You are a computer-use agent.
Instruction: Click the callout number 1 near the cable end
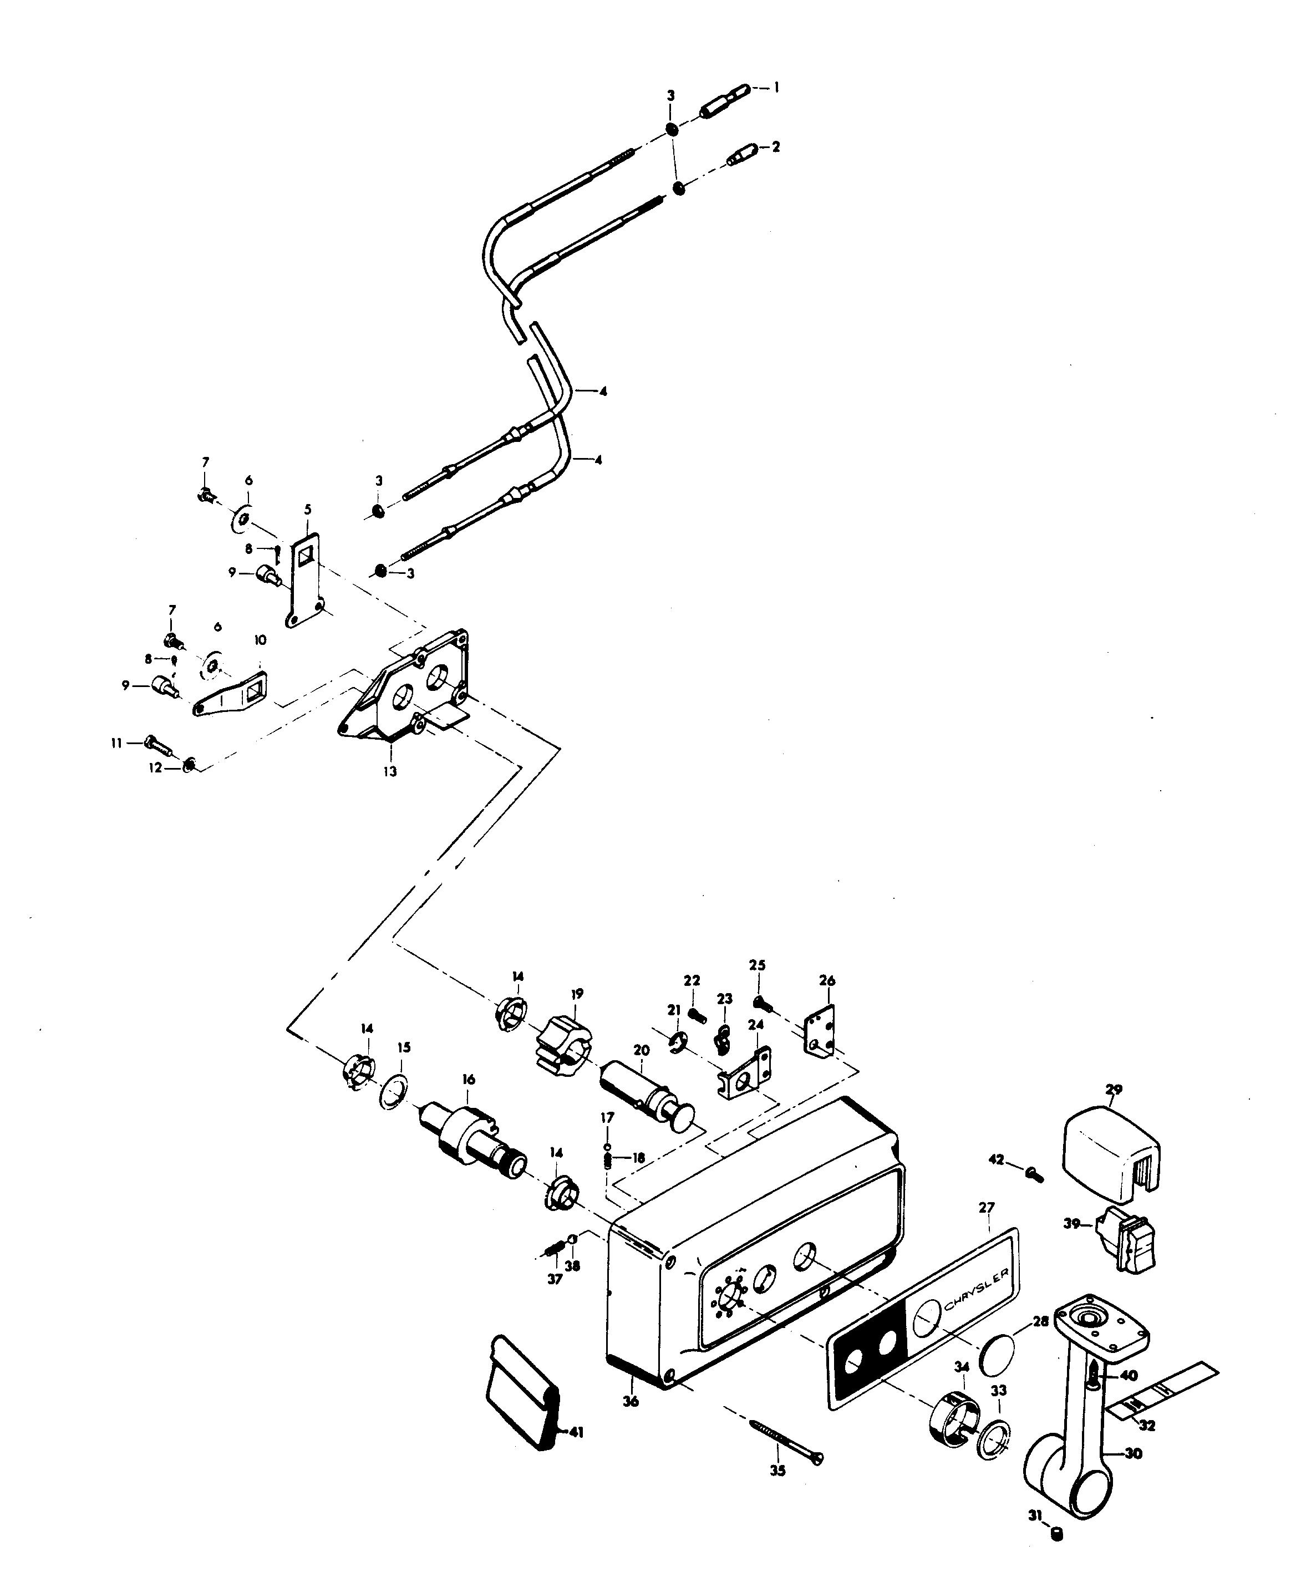776,88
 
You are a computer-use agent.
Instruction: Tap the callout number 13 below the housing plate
390,772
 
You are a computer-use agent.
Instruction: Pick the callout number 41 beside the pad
576,1432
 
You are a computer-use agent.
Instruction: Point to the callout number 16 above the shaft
468,1080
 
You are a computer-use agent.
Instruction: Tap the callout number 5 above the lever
308,510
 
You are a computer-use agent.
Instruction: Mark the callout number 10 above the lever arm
260,640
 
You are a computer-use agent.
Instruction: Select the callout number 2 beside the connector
776,147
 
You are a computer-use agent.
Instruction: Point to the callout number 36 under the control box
631,1402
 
